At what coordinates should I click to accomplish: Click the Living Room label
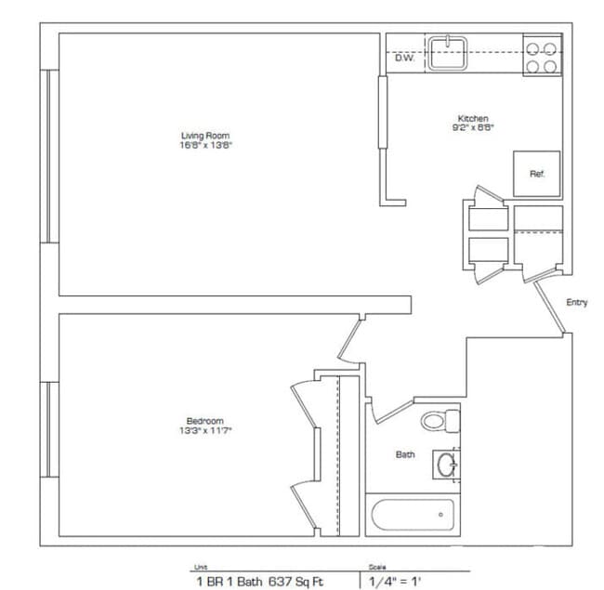[204, 136]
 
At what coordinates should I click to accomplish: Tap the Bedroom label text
[204, 421]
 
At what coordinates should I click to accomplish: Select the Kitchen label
[473, 118]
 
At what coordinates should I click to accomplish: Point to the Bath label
[405, 454]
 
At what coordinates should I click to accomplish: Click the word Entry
[577, 303]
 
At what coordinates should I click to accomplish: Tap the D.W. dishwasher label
[404, 58]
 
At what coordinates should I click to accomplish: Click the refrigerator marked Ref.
[537, 174]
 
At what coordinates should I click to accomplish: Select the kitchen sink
[451, 52]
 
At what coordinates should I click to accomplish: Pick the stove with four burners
[543, 55]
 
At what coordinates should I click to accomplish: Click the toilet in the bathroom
[440, 420]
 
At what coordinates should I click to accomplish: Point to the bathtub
[412, 516]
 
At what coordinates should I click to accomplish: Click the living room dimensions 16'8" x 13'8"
[204, 146]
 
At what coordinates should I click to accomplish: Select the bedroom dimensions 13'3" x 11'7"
[204, 430]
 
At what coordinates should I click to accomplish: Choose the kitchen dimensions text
[473, 128]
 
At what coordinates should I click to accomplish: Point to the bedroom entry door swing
[348, 342]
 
